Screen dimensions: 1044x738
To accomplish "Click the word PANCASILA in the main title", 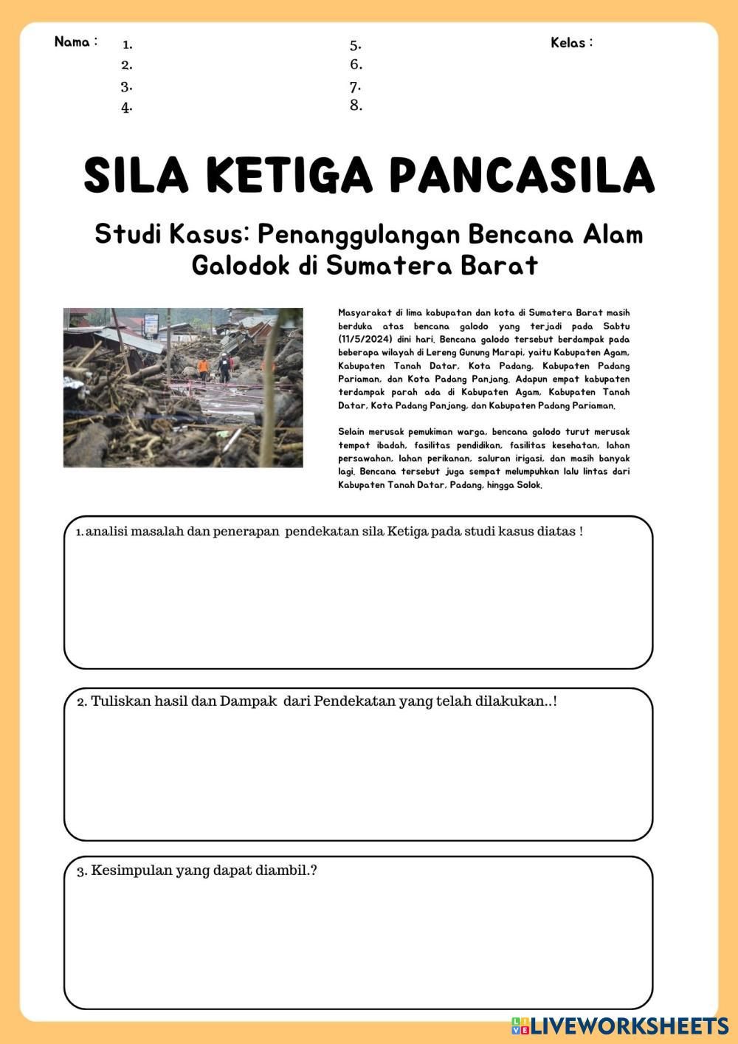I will pos(521,175).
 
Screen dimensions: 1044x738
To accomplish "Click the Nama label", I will pos(75,41).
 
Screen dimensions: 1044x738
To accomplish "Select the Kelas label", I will pos(571,42).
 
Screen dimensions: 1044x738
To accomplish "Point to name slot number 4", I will pos(127,107).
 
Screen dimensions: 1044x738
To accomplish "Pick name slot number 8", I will pos(356,105).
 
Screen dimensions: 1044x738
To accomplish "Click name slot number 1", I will pos(127,44).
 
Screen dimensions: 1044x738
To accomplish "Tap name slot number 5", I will pos(356,44).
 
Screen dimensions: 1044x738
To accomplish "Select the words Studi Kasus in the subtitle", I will pos(172,234).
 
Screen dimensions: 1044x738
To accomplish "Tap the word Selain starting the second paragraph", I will pos(351,432).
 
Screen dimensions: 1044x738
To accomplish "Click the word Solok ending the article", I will pos(529,485).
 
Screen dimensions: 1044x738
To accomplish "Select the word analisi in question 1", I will pos(107,532).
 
